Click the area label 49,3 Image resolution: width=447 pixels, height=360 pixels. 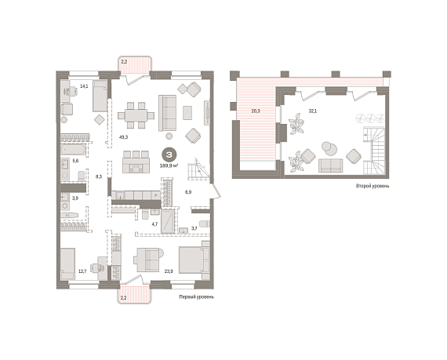pyautogui.click(x=123, y=137)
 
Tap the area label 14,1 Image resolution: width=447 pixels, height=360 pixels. pyautogui.click(x=84, y=85)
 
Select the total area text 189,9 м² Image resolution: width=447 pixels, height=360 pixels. pyautogui.click(x=169, y=165)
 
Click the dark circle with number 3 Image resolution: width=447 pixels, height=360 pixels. pyautogui.click(x=169, y=155)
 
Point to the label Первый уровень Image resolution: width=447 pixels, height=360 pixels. pyautogui.click(x=196, y=297)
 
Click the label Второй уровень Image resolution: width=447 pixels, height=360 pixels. pyautogui.click(x=372, y=186)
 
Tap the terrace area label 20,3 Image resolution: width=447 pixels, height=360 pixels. pyautogui.click(x=256, y=111)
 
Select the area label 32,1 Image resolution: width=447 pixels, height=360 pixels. pyautogui.click(x=313, y=111)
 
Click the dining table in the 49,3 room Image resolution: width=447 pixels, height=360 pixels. pyautogui.click(x=136, y=115)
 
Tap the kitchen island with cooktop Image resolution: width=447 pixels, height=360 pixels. pyautogui.click(x=136, y=165)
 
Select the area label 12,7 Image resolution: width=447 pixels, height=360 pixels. pyautogui.click(x=82, y=271)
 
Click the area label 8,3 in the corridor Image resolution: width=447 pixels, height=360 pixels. pyautogui.click(x=99, y=176)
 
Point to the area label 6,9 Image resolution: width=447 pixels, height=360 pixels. pyautogui.click(x=188, y=192)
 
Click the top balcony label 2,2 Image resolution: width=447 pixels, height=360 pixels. pyautogui.click(x=124, y=62)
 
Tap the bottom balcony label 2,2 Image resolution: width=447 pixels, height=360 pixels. pyautogui.click(x=123, y=298)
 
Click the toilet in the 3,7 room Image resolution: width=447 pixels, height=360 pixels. pyautogui.click(x=205, y=224)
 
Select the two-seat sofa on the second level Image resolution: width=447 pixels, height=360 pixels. pyautogui.click(x=330, y=165)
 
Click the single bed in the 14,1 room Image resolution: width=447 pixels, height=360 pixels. pyautogui.click(x=100, y=96)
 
